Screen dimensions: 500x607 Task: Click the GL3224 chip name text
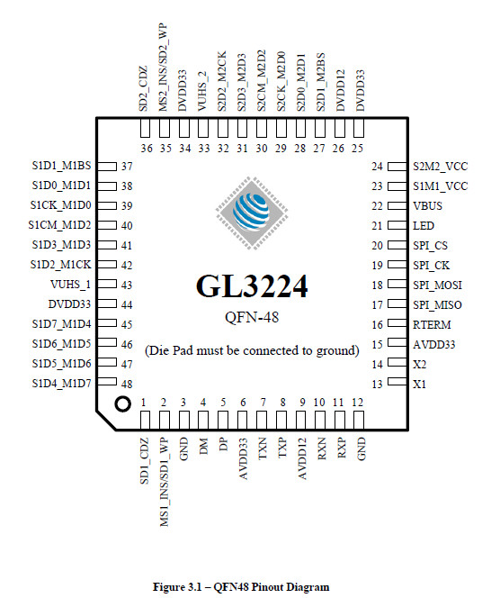tap(252, 286)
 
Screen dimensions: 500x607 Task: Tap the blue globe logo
tap(252, 213)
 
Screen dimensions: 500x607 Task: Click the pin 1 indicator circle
tap(123, 404)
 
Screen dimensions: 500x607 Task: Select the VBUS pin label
tap(427, 206)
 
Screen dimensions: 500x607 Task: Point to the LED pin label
tap(424, 226)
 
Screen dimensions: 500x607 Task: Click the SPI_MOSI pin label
tap(437, 285)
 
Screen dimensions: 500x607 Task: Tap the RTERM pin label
tap(432, 325)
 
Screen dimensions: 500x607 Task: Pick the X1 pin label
tap(420, 385)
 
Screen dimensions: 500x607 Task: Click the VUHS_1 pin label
tap(70, 285)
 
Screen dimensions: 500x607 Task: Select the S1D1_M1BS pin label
tap(61, 166)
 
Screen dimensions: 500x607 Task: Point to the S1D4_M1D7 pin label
tap(61, 384)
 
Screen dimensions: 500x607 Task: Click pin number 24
tap(377, 167)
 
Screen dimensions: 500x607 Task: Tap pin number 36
tap(147, 149)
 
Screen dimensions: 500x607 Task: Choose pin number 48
tap(127, 385)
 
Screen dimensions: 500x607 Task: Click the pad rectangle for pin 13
tap(397, 382)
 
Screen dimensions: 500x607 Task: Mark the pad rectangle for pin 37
tap(107, 167)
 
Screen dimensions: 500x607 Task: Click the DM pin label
tap(203, 446)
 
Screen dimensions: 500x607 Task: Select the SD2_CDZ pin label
tap(144, 88)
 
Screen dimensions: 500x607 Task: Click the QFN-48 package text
tap(252, 317)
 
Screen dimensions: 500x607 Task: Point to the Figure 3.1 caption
tap(241, 587)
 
